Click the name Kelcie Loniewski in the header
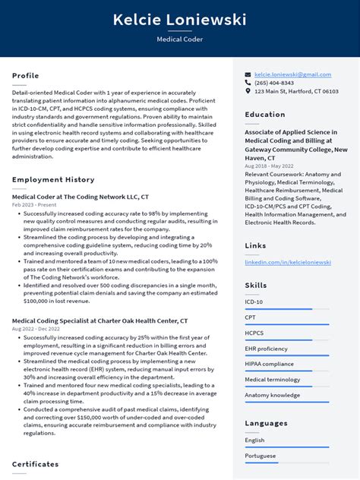(179, 20)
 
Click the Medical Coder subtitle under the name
(179, 39)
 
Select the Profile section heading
(25, 76)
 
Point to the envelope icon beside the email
(248, 74)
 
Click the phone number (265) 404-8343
(274, 83)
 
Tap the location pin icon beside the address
(248, 91)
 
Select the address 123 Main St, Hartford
(296, 91)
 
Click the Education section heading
(265, 115)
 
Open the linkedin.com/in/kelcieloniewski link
(288, 262)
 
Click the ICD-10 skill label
(254, 302)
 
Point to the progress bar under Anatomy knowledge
(286, 403)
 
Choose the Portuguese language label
(260, 456)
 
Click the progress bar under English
(286, 447)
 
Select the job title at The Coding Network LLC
(81, 196)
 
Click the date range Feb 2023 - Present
(33, 205)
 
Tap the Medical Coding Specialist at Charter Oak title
(99, 321)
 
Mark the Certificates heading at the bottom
(35, 464)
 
